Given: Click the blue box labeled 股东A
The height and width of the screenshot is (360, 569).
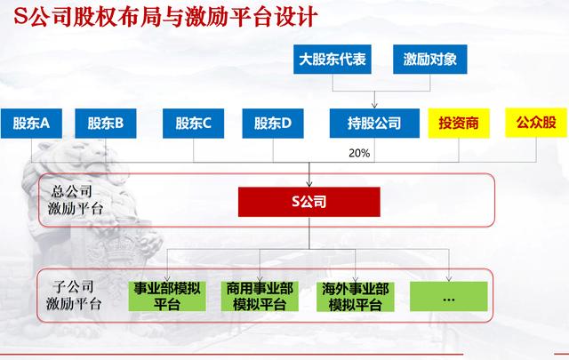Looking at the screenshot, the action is (x=31, y=124).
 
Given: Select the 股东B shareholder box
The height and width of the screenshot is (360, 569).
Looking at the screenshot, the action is (x=106, y=124).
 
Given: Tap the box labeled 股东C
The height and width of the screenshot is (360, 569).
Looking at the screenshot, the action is (x=194, y=124).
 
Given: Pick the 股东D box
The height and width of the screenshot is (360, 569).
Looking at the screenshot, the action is (x=273, y=124).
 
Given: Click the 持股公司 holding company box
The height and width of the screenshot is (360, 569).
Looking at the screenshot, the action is (x=374, y=124).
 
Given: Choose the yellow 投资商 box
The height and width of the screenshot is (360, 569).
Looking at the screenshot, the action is (x=459, y=124).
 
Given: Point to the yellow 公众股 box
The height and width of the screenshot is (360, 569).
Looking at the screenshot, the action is (x=536, y=123).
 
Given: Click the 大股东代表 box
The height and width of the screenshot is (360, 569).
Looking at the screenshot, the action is (x=333, y=60).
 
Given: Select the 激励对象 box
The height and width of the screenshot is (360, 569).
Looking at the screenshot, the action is (x=430, y=60).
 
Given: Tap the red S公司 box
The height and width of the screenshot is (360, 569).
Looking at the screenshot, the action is (x=309, y=202).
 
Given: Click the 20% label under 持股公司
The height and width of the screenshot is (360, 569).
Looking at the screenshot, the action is (x=359, y=153).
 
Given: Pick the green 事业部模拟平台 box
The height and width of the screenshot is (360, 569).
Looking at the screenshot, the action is (x=167, y=296).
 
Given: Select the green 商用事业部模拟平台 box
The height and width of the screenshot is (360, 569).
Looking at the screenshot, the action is (x=260, y=296).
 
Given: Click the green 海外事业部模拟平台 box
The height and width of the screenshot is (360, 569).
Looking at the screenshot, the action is (x=356, y=296).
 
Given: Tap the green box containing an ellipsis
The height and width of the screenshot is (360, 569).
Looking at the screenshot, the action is (x=449, y=296).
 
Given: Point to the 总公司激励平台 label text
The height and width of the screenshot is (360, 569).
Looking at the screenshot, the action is (x=75, y=200).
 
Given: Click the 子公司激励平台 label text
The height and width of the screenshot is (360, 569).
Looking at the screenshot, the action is (x=74, y=295).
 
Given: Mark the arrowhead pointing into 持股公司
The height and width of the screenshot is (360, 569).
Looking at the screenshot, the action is (x=374, y=105).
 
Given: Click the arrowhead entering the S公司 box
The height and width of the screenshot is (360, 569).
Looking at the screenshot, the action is (x=309, y=184).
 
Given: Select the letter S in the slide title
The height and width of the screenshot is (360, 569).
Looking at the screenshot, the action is (x=20, y=16).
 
